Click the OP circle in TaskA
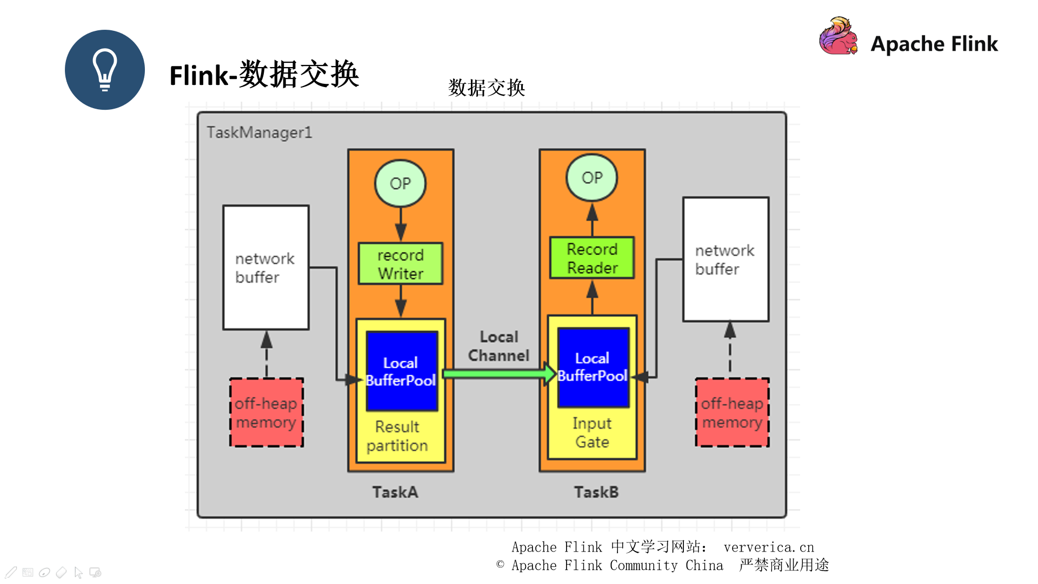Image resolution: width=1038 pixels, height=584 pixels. (x=400, y=183)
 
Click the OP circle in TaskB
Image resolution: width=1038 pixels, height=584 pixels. (x=591, y=177)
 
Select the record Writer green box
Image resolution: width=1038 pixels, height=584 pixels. (x=400, y=264)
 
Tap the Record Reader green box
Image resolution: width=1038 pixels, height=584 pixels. (x=591, y=258)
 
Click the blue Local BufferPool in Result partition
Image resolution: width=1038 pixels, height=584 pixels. (x=401, y=371)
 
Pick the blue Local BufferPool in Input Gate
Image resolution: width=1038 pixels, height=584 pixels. (x=593, y=367)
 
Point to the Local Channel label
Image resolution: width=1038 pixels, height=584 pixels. (x=498, y=346)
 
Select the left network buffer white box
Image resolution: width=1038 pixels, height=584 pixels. (x=265, y=268)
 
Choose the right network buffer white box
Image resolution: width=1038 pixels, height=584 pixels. (x=725, y=260)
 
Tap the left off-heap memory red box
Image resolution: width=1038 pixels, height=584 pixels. (x=266, y=413)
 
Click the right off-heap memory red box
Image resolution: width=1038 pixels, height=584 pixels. (x=732, y=413)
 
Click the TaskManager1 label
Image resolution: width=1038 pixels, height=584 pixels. (x=259, y=132)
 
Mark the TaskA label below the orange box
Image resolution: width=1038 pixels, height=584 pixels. (x=395, y=492)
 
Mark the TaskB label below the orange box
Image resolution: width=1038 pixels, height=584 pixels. (x=596, y=492)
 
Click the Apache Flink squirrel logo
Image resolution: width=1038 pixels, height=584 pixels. (x=838, y=37)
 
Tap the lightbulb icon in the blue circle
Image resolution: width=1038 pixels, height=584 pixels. (x=105, y=70)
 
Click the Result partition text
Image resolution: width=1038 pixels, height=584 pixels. (x=397, y=436)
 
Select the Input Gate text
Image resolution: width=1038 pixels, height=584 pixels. (x=592, y=433)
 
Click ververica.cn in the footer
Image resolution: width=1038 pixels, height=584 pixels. (x=768, y=547)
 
